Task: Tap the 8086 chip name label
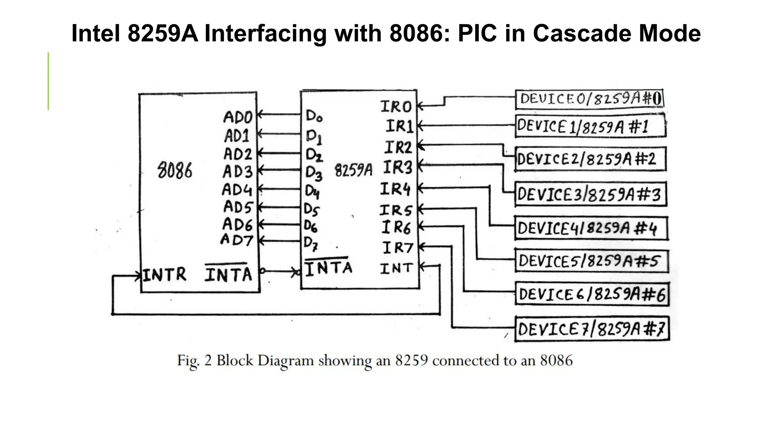pos(175,171)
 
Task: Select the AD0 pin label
pos(237,117)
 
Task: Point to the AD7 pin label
pos(237,240)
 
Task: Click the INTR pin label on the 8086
pos(164,275)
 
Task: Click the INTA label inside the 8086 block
pos(228,274)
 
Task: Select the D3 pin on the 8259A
pos(314,173)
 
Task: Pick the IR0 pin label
pos(396,107)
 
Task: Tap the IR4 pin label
pos(395,189)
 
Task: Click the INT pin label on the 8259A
pos(396,269)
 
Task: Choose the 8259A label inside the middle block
pos(353,170)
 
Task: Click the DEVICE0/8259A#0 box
pos(589,99)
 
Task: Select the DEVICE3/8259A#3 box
pos(590,194)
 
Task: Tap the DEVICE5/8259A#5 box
pos(591,261)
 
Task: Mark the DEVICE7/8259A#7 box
pos(591,329)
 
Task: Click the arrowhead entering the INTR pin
pos(137,276)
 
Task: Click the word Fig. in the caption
pos(188,361)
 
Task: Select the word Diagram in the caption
pos(285,361)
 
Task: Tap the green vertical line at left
pos(48,81)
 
